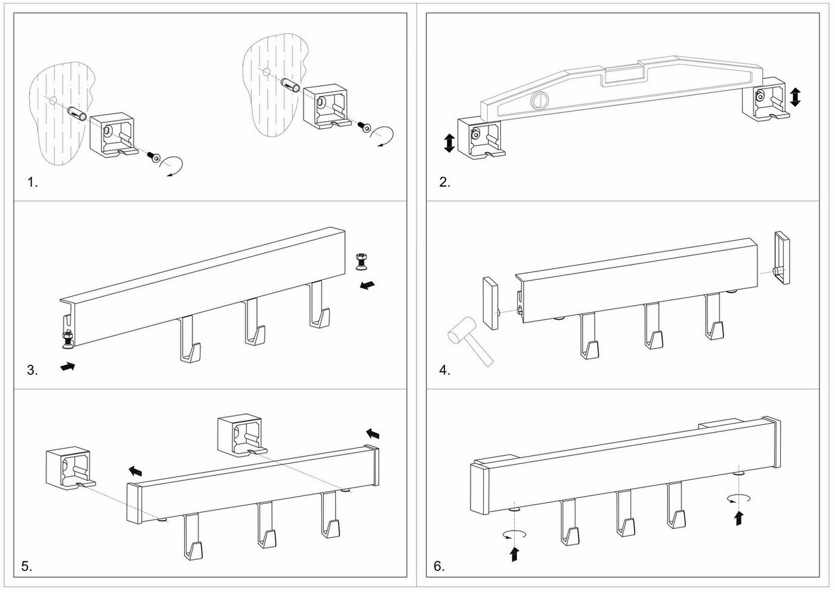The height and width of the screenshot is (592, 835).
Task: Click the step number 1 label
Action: [x=32, y=183]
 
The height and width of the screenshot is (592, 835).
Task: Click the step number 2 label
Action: [x=444, y=183]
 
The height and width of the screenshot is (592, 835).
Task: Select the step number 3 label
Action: [x=32, y=370]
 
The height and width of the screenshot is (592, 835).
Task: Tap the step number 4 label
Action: [x=444, y=370]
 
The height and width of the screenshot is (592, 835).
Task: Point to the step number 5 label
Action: [x=26, y=566]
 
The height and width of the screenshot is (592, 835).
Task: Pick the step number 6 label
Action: [x=439, y=566]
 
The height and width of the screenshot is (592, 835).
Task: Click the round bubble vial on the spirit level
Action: [x=540, y=101]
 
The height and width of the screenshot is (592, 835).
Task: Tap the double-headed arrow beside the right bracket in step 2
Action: [x=795, y=97]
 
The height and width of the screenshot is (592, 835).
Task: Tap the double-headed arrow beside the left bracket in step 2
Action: [x=449, y=143]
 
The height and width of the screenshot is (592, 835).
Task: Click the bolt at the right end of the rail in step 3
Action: [x=361, y=261]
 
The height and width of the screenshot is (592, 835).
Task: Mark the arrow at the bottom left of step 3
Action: [x=69, y=366]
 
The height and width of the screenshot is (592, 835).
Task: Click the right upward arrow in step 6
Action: [x=739, y=517]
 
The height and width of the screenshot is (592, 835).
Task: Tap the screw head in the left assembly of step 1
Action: [x=156, y=158]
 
